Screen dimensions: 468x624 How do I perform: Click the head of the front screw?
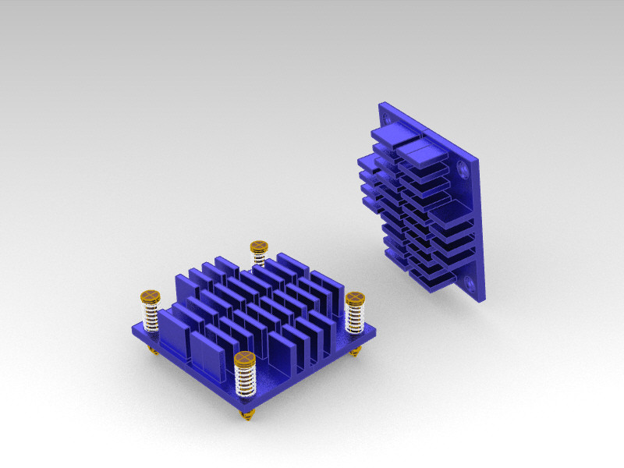245,359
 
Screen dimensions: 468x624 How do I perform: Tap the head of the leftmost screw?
150,296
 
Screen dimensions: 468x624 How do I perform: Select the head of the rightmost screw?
355,298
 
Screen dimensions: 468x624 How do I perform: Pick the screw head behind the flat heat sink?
259,247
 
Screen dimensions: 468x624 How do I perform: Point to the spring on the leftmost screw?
151,316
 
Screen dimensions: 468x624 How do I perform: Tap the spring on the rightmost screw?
356,317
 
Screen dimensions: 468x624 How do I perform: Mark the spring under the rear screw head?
259,259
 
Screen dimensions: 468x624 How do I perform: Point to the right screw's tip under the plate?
356,353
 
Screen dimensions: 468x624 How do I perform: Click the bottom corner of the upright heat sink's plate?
484,300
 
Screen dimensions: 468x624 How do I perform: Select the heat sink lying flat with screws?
250,320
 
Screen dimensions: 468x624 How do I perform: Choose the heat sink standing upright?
429,203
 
